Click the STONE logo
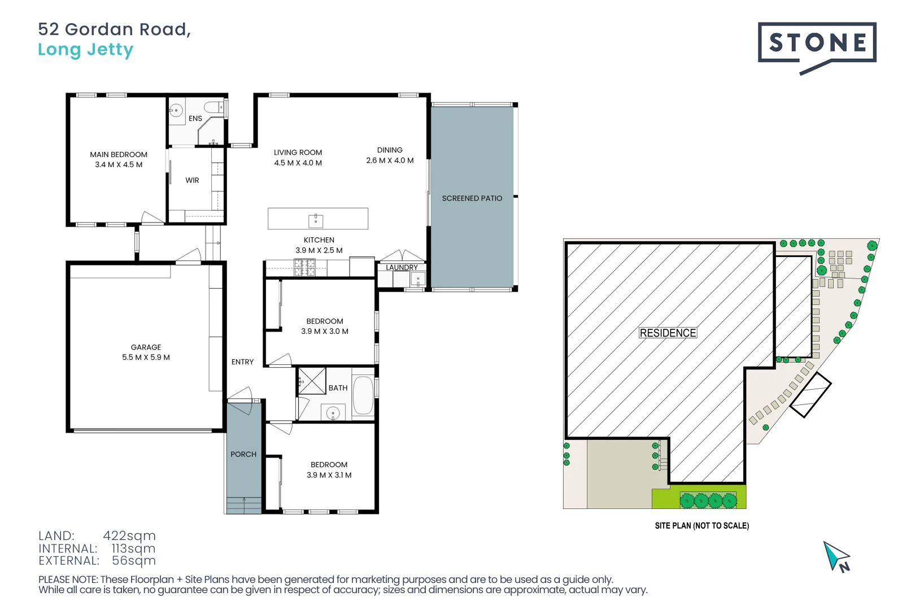click(x=817, y=43)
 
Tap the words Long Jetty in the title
click(x=85, y=50)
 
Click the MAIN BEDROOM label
click(x=119, y=154)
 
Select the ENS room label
click(x=195, y=119)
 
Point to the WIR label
click(x=192, y=180)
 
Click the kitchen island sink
click(x=315, y=220)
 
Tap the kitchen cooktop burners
click(x=304, y=267)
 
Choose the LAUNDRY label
click(x=402, y=267)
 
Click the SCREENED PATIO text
click(x=472, y=198)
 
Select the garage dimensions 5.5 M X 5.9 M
click(x=146, y=358)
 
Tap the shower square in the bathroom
click(x=312, y=381)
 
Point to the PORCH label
click(x=243, y=454)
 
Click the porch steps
click(x=244, y=506)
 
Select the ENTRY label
click(x=242, y=362)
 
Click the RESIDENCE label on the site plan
click(x=668, y=333)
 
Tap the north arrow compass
click(x=836, y=557)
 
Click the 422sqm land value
click(x=129, y=535)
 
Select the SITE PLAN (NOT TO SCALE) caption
click(x=701, y=526)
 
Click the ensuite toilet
click(x=214, y=107)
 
